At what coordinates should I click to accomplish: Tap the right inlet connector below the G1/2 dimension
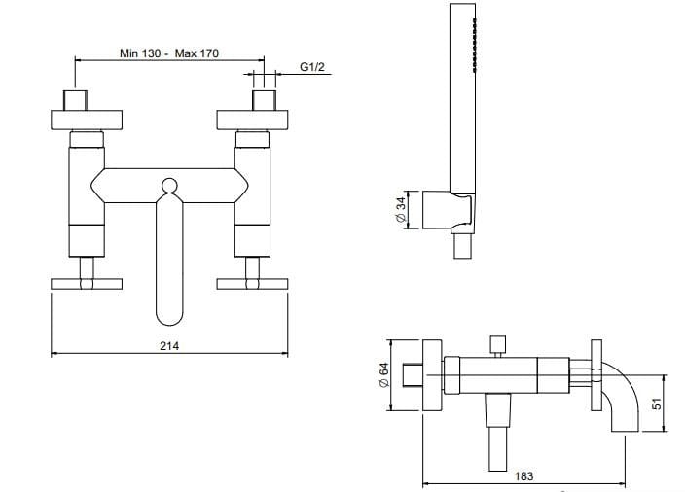pos(262,101)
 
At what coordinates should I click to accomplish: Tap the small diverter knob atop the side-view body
pos(498,344)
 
